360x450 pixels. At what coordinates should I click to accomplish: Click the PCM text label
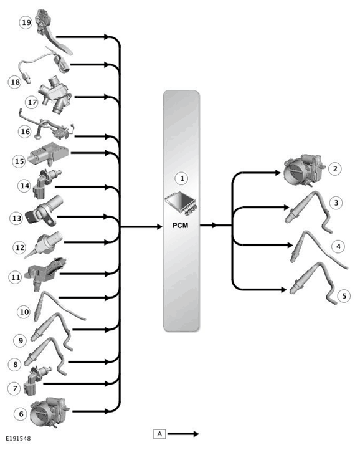[x=181, y=226]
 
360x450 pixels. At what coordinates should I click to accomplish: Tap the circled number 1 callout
[x=182, y=178]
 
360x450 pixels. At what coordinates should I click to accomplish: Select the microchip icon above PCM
[x=181, y=203]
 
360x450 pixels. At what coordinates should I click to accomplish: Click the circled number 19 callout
[x=26, y=22]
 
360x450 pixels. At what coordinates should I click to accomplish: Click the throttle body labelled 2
[x=303, y=171]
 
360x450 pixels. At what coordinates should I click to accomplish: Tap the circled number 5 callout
[x=344, y=296]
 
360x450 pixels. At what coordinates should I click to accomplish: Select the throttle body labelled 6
[x=50, y=412]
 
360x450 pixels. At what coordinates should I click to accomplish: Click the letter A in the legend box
[x=160, y=434]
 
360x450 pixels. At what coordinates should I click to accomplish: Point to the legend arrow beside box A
[x=183, y=434]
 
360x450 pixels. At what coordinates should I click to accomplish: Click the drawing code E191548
[x=18, y=438]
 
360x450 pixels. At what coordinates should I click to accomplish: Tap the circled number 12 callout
[x=20, y=247]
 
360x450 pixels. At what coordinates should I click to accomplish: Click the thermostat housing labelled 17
[x=55, y=94]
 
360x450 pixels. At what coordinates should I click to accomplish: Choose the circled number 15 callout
[x=19, y=161]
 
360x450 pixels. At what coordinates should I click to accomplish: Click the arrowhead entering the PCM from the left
[x=159, y=227]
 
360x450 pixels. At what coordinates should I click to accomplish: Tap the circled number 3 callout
[x=336, y=203]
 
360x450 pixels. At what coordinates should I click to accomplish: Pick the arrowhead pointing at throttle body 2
[x=277, y=173]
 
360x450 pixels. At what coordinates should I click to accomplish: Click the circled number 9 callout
[x=21, y=341]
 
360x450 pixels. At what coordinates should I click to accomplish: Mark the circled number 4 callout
[x=338, y=247]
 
